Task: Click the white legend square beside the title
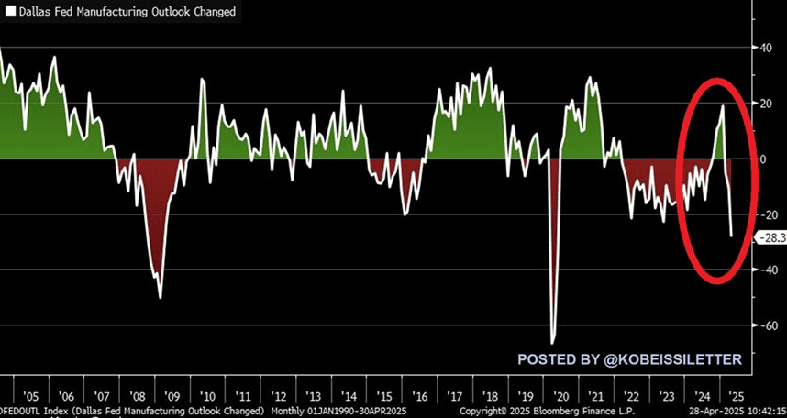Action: click(x=10, y=12)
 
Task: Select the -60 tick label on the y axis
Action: click(x=767, y=325)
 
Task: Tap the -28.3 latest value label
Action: click(x=769, y=237)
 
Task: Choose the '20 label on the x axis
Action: click(x=560, y=396)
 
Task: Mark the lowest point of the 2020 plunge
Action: click(x=553, y=343)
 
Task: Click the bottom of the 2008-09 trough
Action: click(x=161, y=297)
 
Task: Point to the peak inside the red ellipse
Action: click(x=723, y=106)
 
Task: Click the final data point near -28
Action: click(x=732, y=236)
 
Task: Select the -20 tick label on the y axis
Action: click(x=767, y=214)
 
